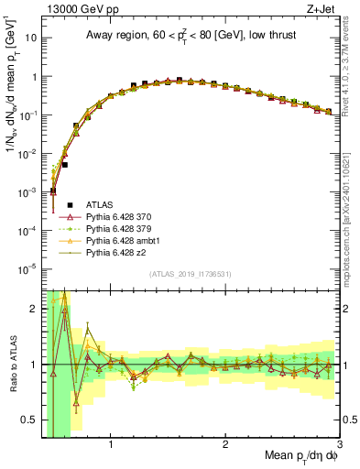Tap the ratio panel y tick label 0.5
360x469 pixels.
pyautogui.click(x=31, y=420)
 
